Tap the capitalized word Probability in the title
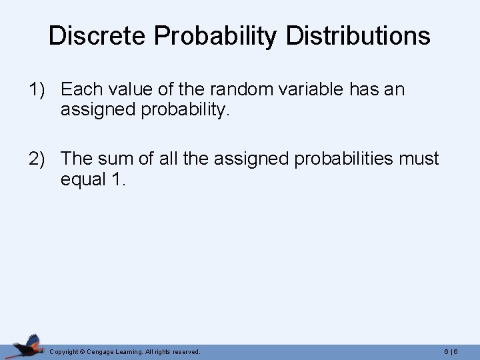pos(214,37)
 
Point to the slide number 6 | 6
pos(451,351)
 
